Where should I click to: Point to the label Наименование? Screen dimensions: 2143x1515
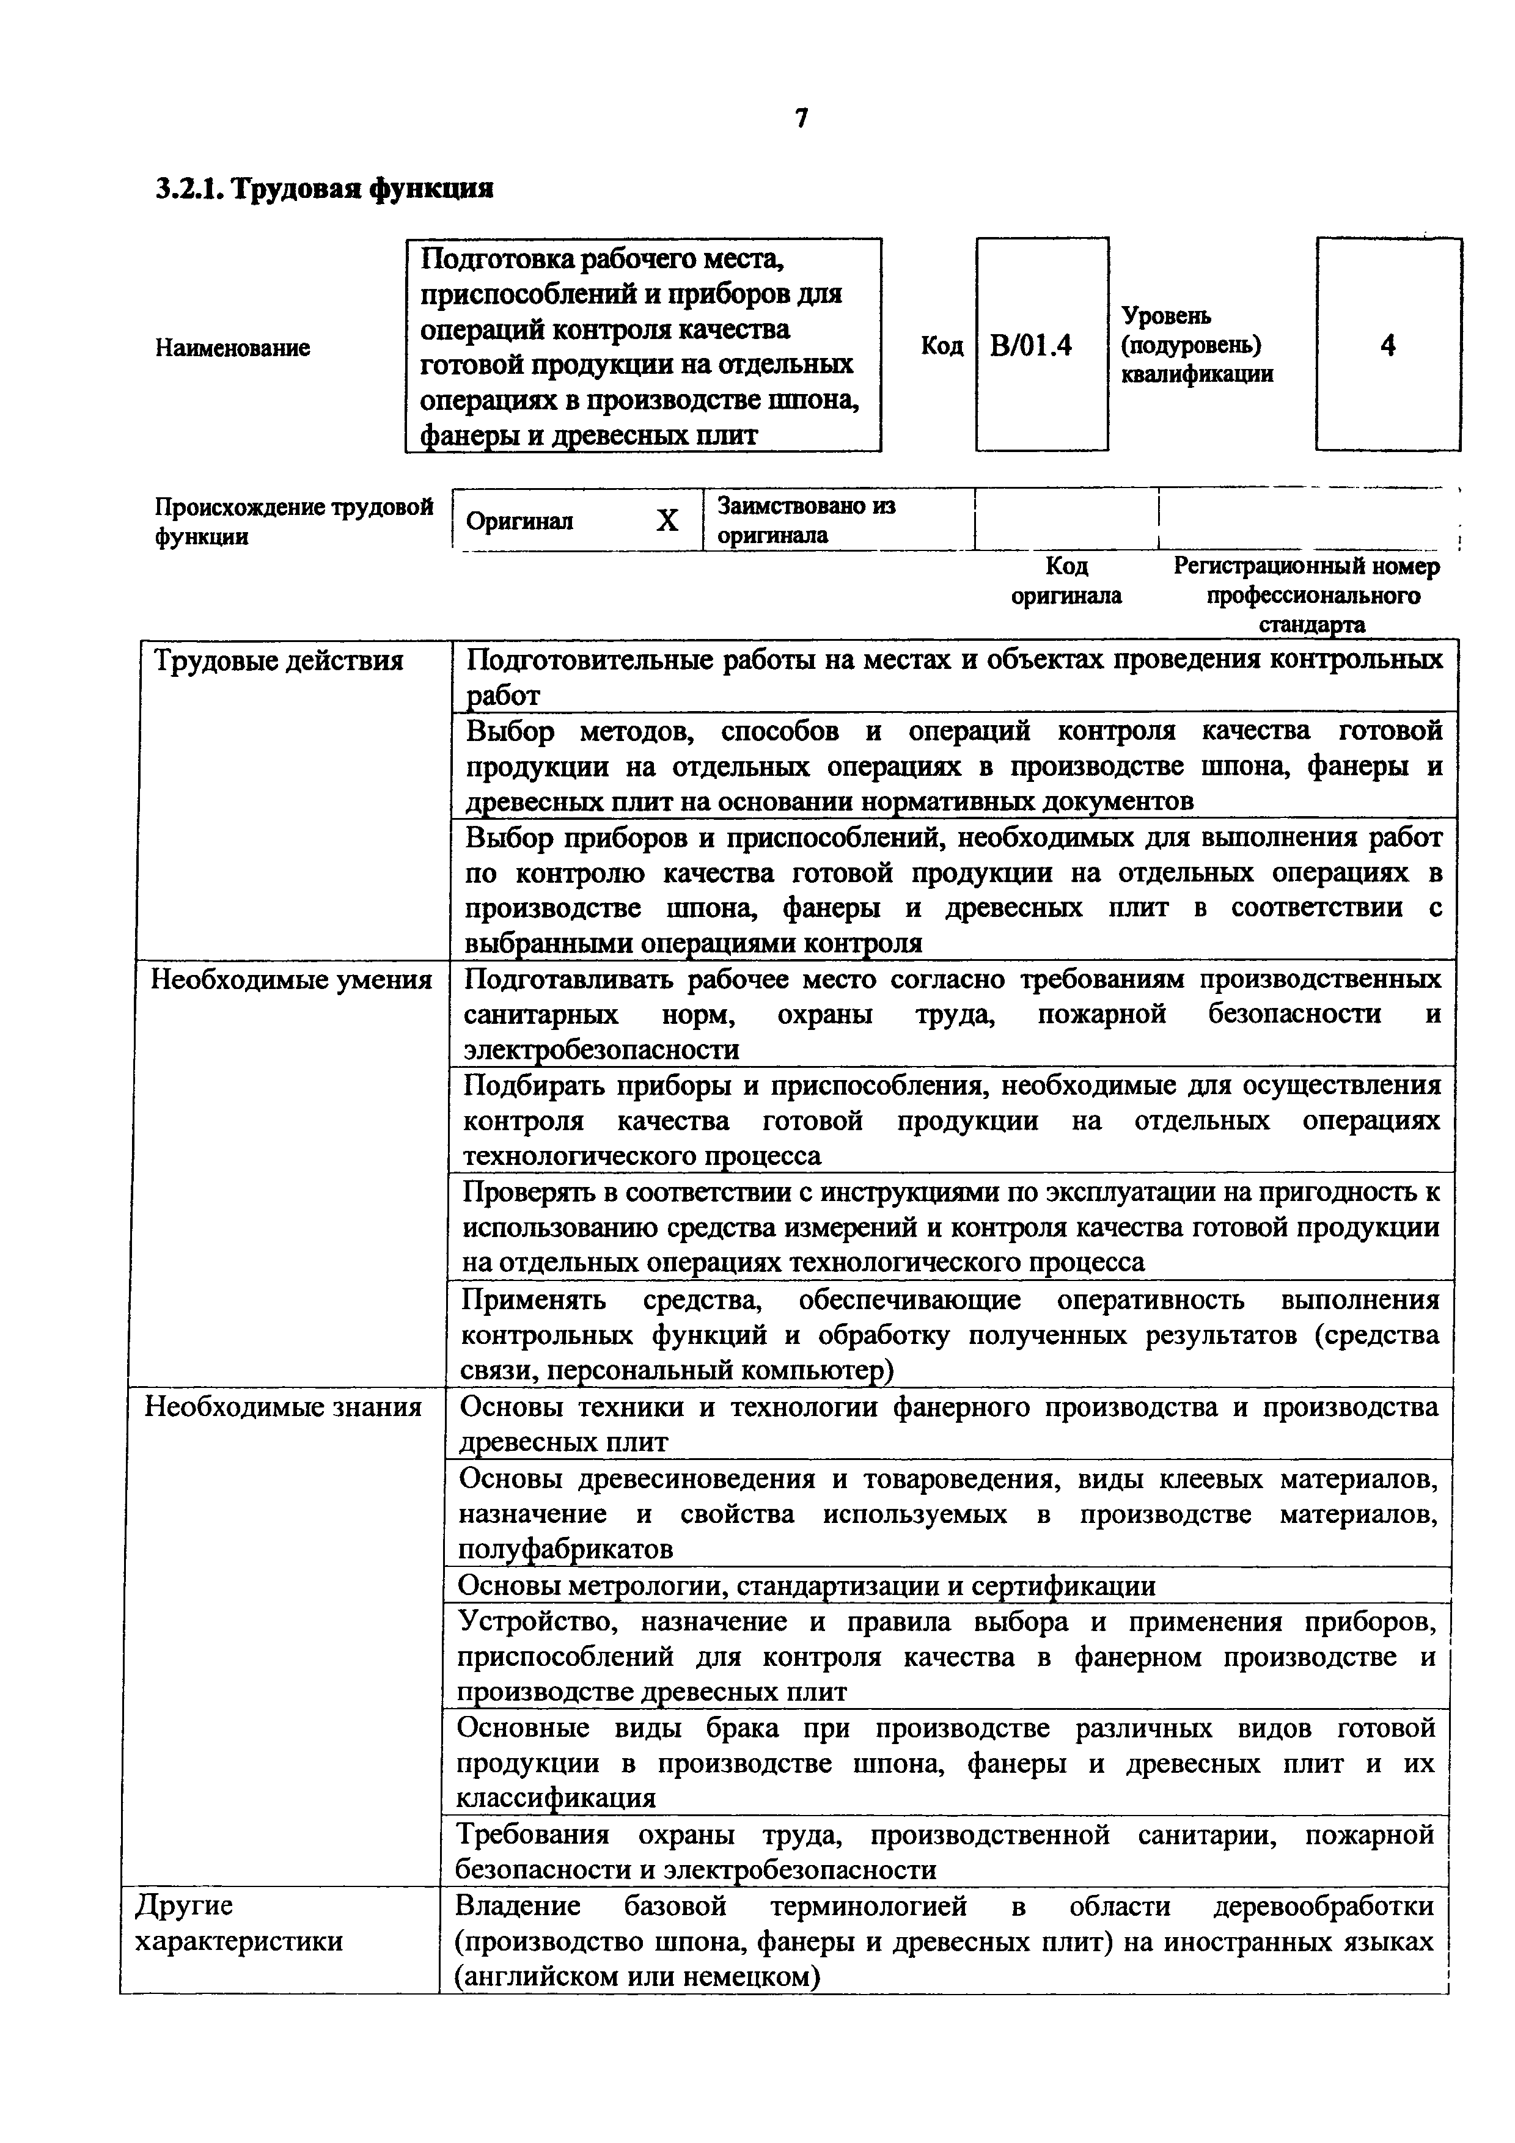pos(232,348)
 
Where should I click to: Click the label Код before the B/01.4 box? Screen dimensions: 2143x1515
pos(941,346)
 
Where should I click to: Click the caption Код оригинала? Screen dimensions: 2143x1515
pos(1066,580)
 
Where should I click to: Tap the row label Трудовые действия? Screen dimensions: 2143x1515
pos(278,661)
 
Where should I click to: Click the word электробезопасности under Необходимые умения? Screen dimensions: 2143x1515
pos(601,1050)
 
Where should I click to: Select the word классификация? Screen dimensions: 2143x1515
pos(556,1798)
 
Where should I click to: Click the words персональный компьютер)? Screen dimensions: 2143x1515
pos(721,1371)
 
